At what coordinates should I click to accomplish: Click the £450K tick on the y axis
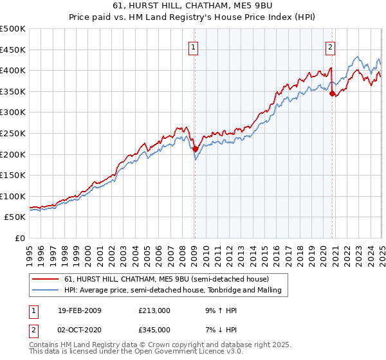point(14,50)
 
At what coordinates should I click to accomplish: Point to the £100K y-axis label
point(14,196)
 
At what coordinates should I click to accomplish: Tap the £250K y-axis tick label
point(14,133)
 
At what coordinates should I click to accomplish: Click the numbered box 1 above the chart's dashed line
point(194,46)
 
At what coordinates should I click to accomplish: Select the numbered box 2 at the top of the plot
point(330,46)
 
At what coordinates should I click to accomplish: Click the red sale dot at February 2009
point(195,148)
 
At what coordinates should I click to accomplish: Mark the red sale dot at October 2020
point(332,93)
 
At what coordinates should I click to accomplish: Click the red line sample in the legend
point(46,279)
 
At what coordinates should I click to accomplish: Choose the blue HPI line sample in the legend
point(46,290)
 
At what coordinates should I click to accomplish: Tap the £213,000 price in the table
point(154,310)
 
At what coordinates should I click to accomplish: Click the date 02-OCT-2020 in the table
point(79,329)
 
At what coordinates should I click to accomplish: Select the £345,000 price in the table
point(154,329)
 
